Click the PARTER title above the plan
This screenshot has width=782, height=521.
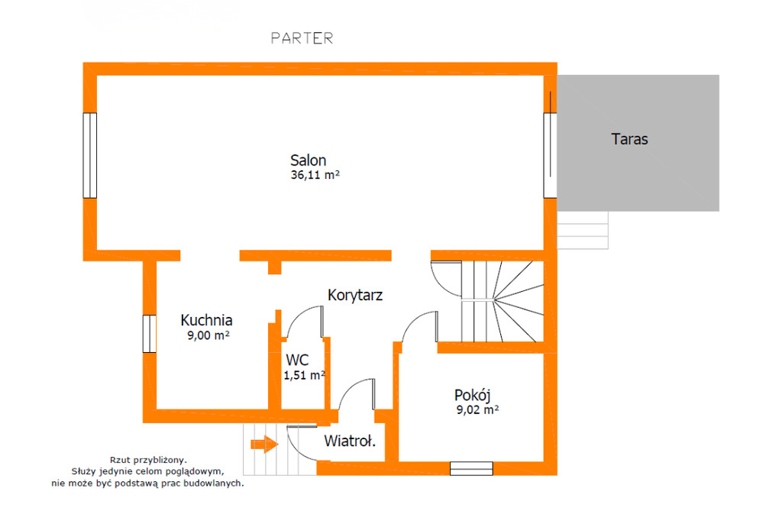coord(302,38)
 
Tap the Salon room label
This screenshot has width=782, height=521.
coord(309,160)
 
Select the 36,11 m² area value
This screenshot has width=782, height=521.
coord(315,175)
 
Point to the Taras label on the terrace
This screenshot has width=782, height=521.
coord(629,139)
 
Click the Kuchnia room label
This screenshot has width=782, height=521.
coord(206,320)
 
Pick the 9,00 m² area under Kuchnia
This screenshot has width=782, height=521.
coord(208,335)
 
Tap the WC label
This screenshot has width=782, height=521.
coord(297,360)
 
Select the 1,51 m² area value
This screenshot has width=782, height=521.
coord(305,375)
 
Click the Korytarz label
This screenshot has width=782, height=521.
coord(355,295)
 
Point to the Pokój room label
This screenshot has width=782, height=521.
coord(472,395)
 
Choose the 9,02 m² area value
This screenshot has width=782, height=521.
coord(478,409)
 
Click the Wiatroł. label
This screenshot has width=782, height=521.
coord(350,441)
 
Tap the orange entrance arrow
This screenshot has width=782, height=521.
coord(264,444)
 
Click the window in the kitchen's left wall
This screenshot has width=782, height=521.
coord(150,334)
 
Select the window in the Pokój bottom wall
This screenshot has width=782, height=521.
coord(471,468)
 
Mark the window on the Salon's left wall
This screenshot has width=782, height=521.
coord(90,156)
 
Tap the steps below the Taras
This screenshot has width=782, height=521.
coord(583,230)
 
